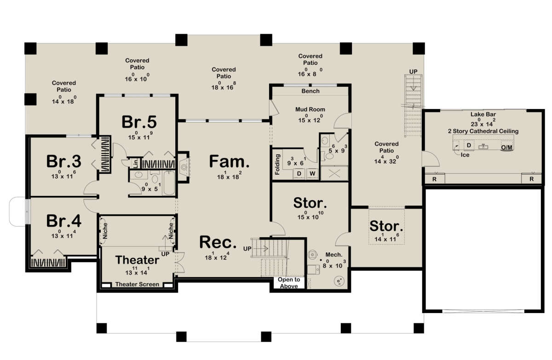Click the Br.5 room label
pos(139,122)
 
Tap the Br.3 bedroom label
pos(63,161)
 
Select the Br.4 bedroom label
pos(63,221)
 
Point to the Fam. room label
pos(229,161)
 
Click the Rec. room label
pos(218,242)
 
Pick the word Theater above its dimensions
pos(137,260)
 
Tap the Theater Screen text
pos(137,285)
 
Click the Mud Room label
pos(310,109)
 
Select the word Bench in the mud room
pos(310,91)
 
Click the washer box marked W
pos(312,174)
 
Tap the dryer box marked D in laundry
pos(299,174)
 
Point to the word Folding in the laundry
pos(277,165)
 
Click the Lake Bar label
pos(483,114)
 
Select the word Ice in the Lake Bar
pos(465,155)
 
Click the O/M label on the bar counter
pos(506,148)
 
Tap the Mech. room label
pos(334,255)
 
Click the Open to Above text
pos(289,283)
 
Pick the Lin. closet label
pos(136,163)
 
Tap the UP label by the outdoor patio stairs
pos(413,72)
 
